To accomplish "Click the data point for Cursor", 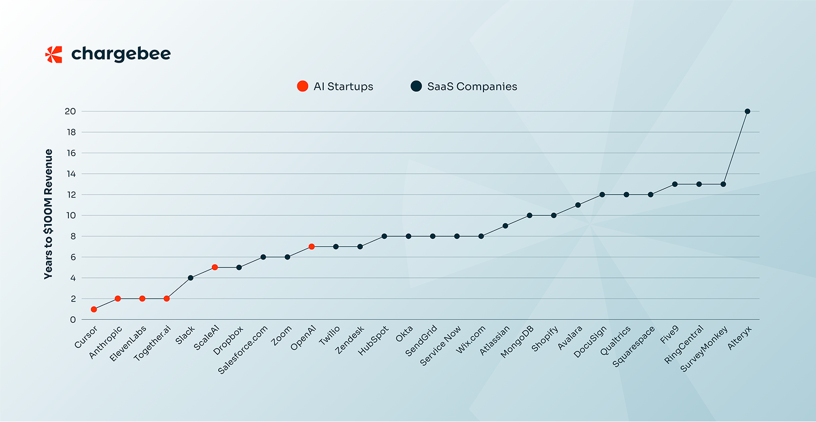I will point(94,309).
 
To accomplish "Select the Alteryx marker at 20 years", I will point(747,111).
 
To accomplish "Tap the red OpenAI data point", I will point(311,247).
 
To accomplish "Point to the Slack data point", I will point(191,278).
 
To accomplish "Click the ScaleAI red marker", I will point(215,268).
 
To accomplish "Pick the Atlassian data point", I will point(505,226).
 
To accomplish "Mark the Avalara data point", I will point(578,205).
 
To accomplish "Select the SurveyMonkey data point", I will point(723,184).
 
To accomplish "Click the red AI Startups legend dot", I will point(302,87).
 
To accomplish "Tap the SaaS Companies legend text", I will point(472,87).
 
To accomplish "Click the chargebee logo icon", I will point(53,55).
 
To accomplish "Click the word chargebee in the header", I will point(121,55).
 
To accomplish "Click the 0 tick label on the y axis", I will point(72,320).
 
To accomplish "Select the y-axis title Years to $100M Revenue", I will point(49,214).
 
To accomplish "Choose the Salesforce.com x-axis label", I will point(243,349).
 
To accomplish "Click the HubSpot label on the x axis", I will point(374,341).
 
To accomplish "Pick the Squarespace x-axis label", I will point(634,346).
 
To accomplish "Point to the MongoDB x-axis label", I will point(518,342).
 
